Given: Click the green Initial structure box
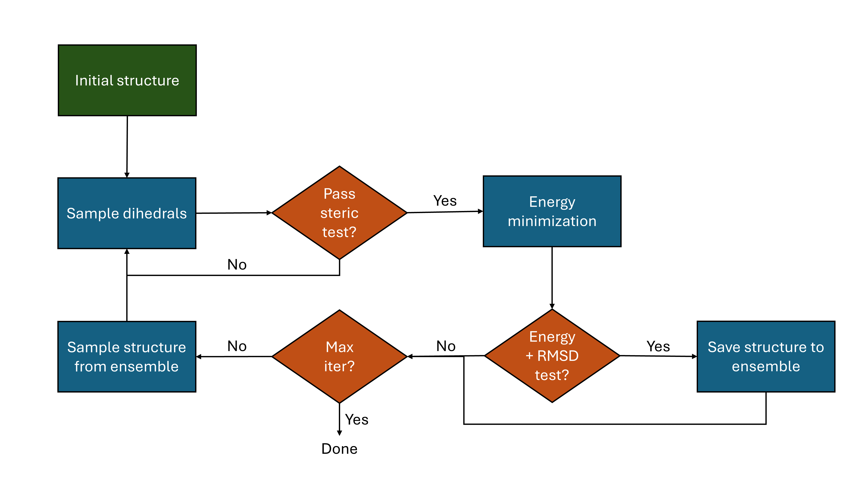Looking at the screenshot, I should pos(127,80).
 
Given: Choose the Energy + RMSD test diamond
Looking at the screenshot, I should pos(552,356).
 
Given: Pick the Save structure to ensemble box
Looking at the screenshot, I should pos(766,356).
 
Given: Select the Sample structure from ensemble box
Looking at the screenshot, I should pos(127,356).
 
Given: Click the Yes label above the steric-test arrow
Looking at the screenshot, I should pos(445,201).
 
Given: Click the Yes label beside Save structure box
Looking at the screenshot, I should pos(658,346).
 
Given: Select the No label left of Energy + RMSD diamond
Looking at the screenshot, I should pos(446,346).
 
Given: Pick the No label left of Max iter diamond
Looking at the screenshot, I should pos(237,346).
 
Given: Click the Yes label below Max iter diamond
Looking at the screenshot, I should pos(356,420).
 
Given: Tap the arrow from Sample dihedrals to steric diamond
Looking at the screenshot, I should pos(234,213).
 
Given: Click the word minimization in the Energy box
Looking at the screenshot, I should pos(552,221).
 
